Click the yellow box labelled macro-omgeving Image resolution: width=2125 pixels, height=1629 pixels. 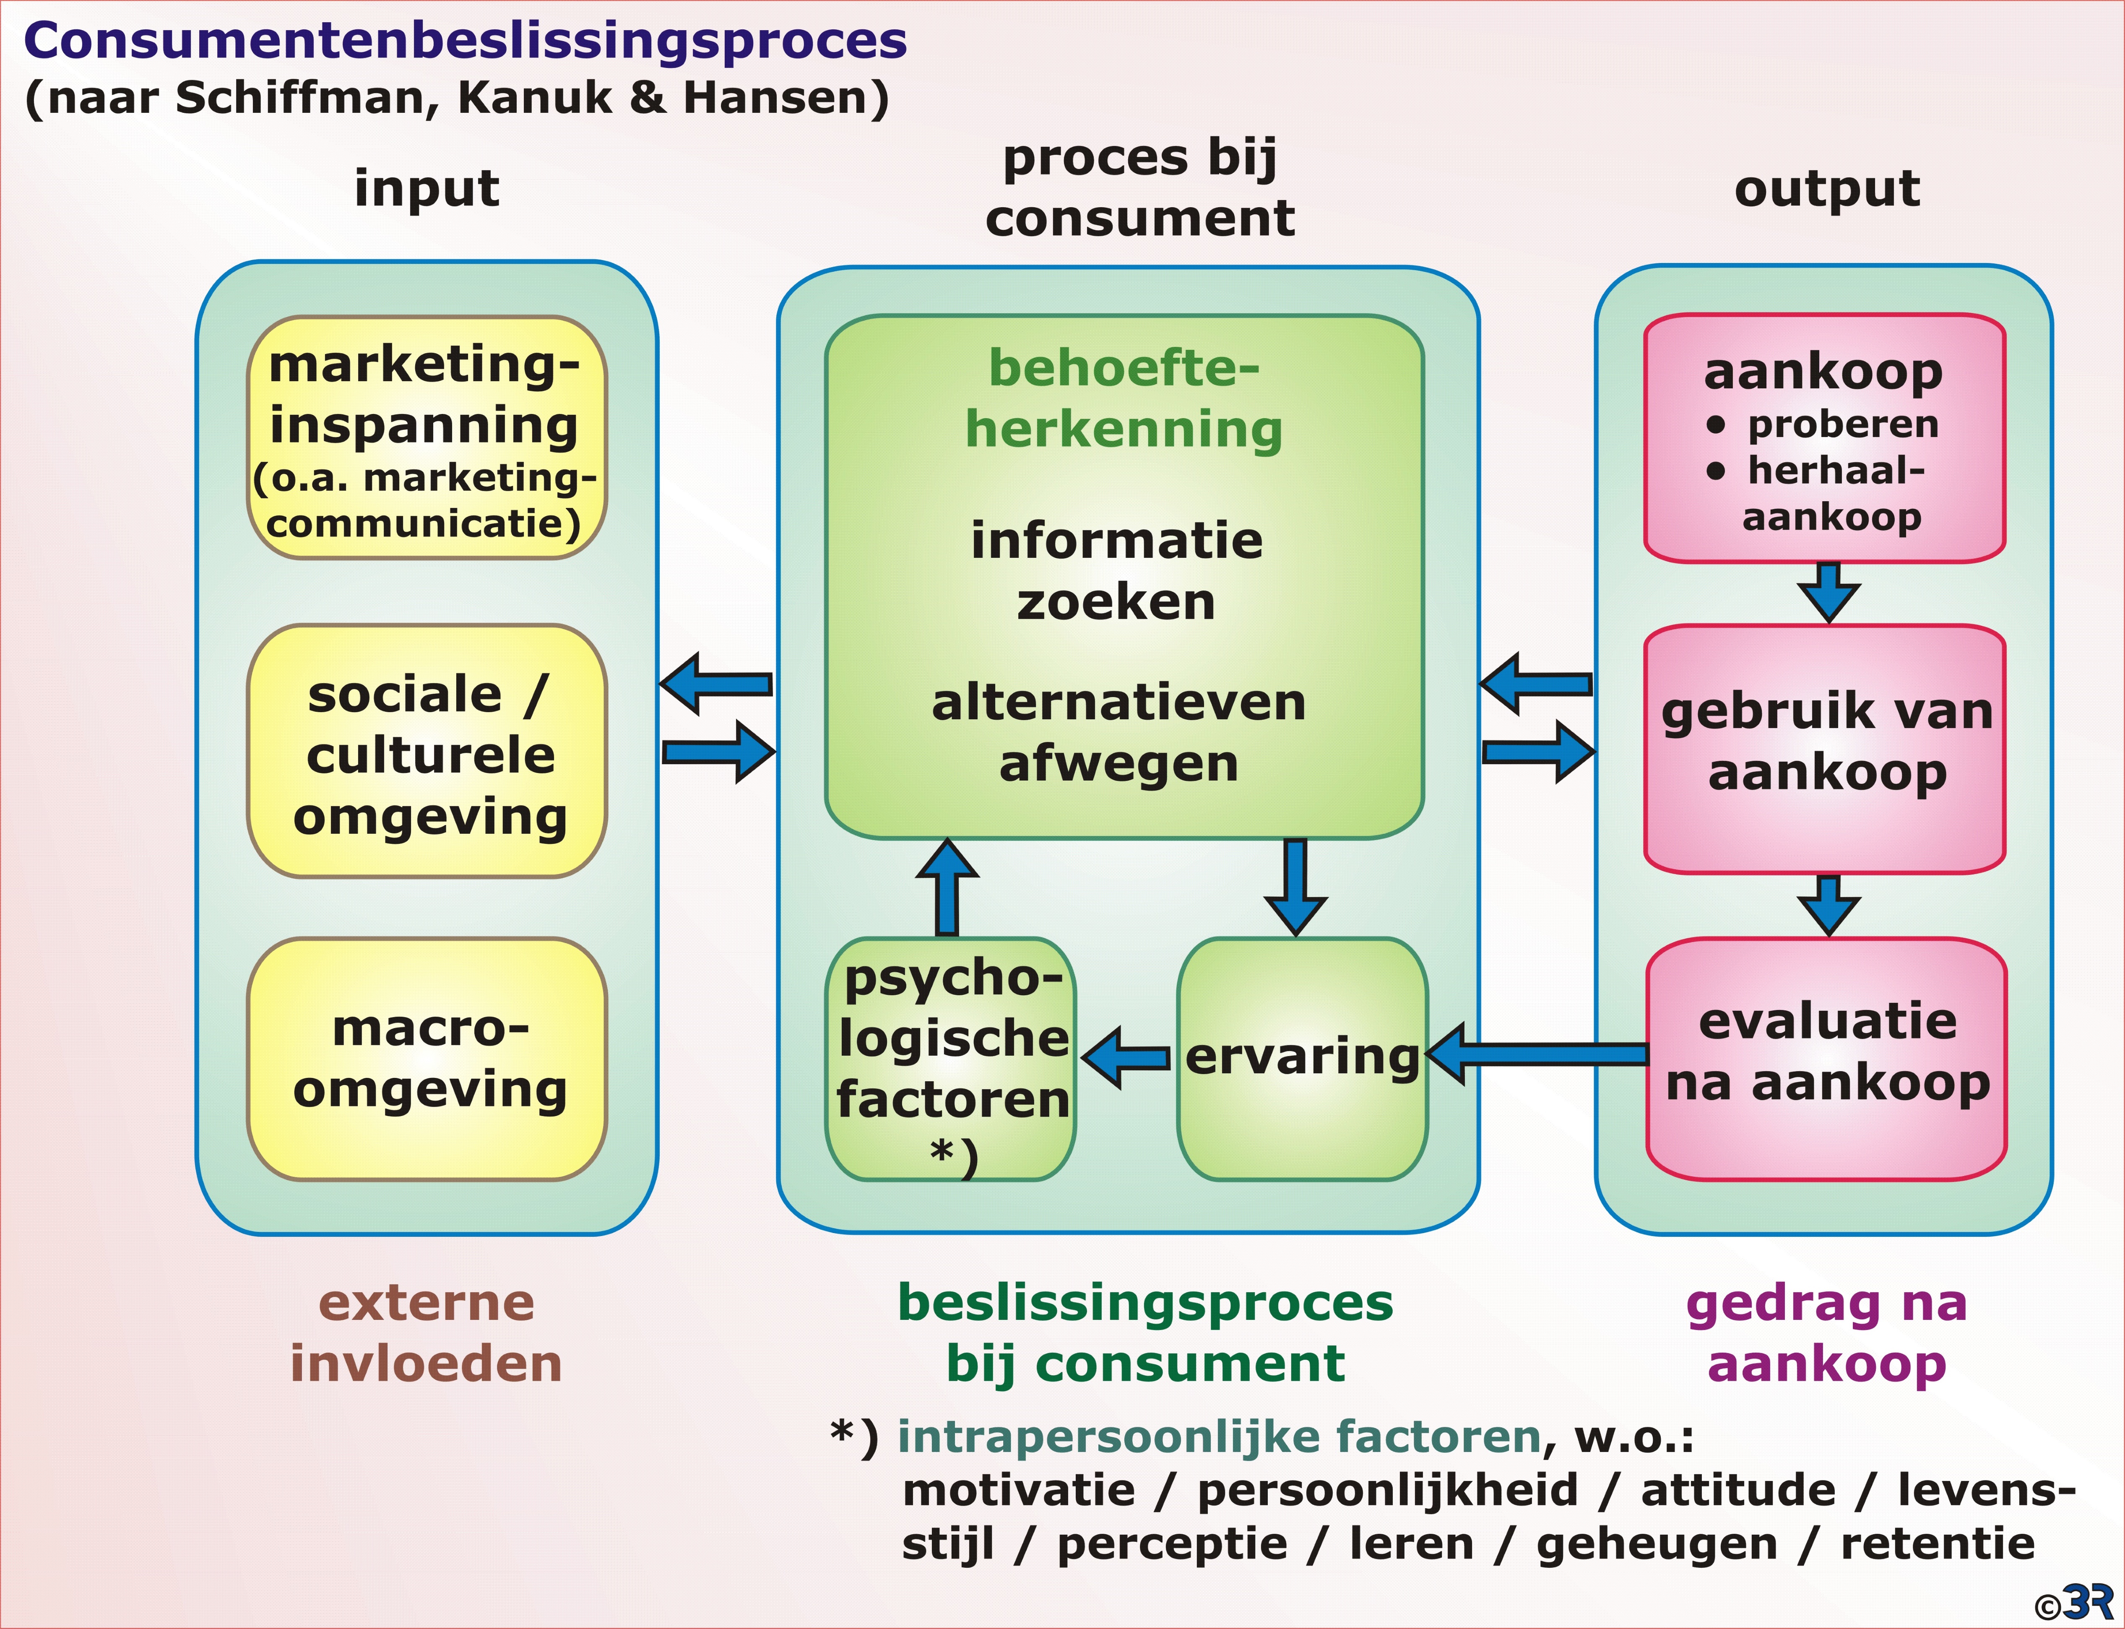tap(427, 1059)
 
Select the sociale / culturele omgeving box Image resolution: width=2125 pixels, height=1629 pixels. tap(427, 752)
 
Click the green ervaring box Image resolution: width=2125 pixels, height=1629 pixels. tap(1302, 1059)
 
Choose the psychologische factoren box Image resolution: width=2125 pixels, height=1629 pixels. tap(950, 1059)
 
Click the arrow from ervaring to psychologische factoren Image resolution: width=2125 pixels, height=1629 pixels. tap(1126, 1057)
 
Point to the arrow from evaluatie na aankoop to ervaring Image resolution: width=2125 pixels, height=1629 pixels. tap(1537, 1053)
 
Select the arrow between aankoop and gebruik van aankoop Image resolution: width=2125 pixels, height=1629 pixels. tap(1828, 591)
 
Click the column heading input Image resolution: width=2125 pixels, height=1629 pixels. tap(427, 188)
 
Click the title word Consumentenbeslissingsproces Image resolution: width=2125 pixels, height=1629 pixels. tap(466, 42)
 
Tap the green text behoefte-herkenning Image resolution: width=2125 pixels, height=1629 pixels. tap(1124, 398)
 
